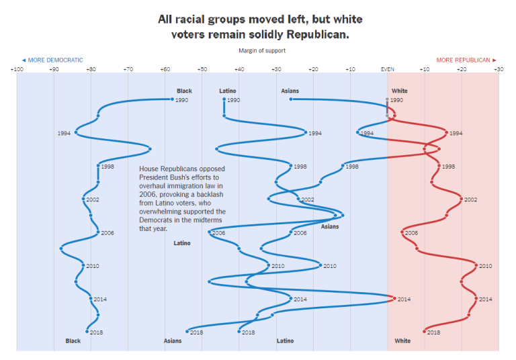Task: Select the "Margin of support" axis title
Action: click(x=262, y=50)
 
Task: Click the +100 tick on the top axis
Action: click(x=16, y=69)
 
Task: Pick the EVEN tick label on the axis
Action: click(x=388, y=69)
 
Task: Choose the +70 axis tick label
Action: click(x=128, y=69)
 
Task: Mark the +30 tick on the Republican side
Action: click(x=498, y=69)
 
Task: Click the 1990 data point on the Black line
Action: click(x=172, y=99)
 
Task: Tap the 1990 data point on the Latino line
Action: click(x=224, y=99)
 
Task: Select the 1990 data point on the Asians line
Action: click(x=291, y=99)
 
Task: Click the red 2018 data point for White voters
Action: click(x=425, y=331)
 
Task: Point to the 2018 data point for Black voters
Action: click(x=87, y=331)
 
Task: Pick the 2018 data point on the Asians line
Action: click(x=187, y=331)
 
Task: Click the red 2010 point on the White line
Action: click(x=476, y=265)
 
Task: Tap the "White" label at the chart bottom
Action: click(x=402, y=341)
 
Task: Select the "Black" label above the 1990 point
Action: click(x=184, y=91)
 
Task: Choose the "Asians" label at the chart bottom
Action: click(x=173, y=341)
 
